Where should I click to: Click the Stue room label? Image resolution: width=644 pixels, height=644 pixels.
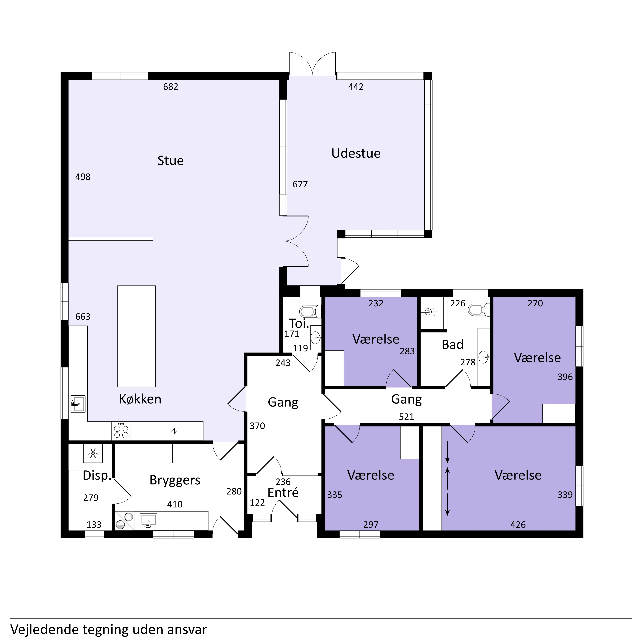pyautogui.click(x=170, y=161)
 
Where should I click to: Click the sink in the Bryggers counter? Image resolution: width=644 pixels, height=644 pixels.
pyautogui.click(x=148, y=521)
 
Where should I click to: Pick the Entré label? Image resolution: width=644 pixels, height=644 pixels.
pyautogui.click(x=283, y=493)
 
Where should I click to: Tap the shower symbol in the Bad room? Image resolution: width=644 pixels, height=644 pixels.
pyautogui.click(x=429, y=312)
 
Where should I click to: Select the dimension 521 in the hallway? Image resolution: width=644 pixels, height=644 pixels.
pyautogui.click(x=406, y=417)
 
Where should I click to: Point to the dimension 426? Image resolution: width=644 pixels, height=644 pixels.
pyautogui.click(x=518, y=525)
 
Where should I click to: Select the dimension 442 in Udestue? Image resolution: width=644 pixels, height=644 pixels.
pyautogui.click(x=356, y=87)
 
